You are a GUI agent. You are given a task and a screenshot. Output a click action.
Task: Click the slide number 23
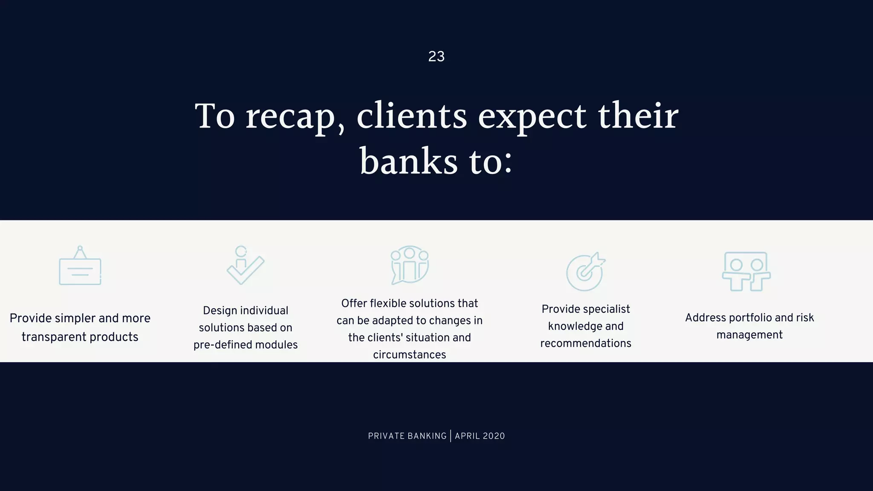[436, 56]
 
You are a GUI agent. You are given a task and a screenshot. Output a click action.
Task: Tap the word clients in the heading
[412, 116]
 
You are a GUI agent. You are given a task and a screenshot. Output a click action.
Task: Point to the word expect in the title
[532, 116]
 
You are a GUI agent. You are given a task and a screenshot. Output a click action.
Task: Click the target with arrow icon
[586, 271]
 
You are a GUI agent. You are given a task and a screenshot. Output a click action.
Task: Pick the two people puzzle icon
[746, 271]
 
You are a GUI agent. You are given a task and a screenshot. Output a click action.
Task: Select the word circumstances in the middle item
[409, 355]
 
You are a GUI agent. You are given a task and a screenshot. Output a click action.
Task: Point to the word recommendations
[586, 343]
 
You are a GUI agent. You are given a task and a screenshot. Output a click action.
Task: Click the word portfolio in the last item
[750, 318]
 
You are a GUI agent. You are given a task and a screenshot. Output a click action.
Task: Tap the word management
[749, 335]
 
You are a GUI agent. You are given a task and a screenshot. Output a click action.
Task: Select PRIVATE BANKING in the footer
[407, 436]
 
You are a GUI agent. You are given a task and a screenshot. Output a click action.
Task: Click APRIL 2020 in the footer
[480, 436]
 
